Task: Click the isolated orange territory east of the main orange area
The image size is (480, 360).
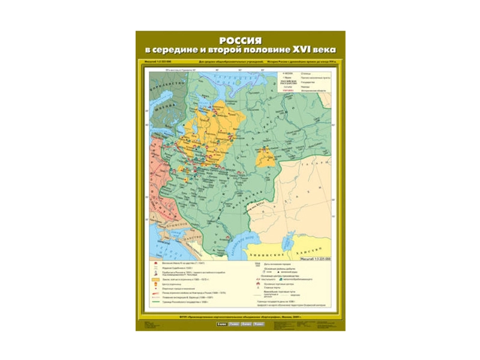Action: tap(264, 157)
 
